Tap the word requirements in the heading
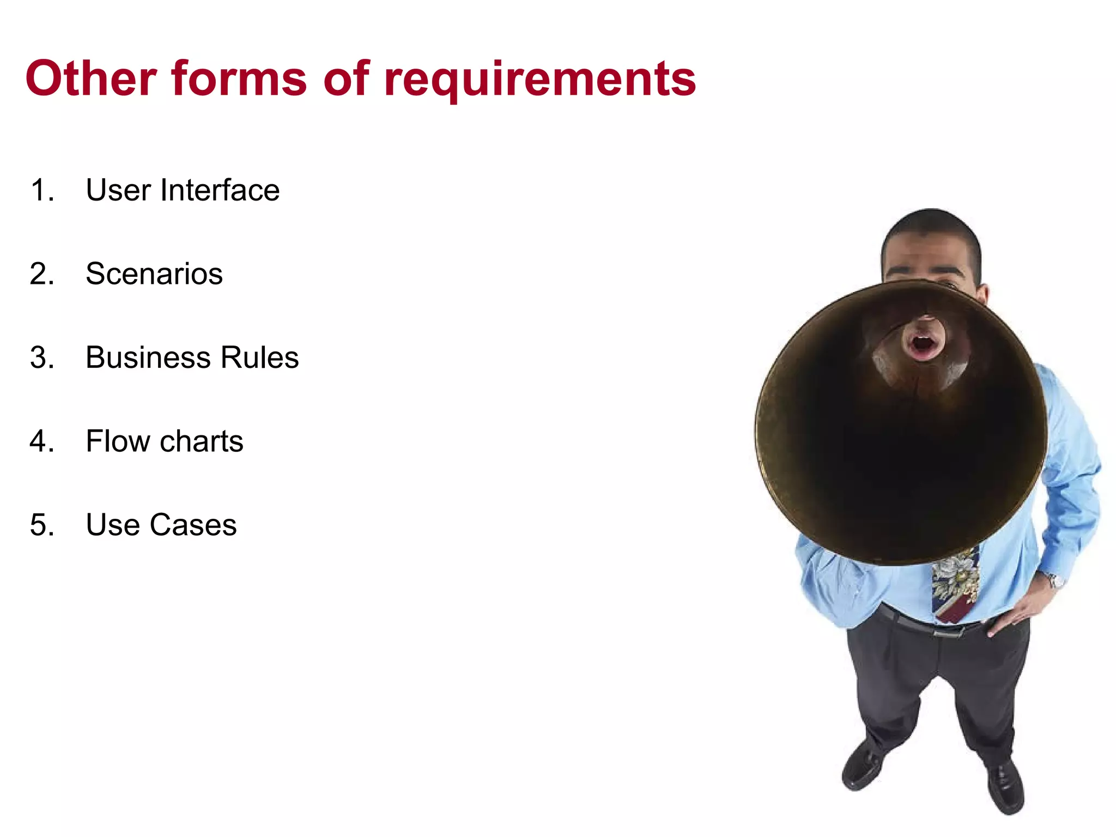(539, 81)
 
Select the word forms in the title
(239, 79)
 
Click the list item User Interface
(183, 190)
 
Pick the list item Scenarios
(154, 274)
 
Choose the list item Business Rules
(192, 357)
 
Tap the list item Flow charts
(164, 441)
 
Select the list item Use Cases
(161, 525)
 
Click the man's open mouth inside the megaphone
(923, 345)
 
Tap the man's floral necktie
(955, 586)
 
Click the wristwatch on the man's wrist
(1055, 580)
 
